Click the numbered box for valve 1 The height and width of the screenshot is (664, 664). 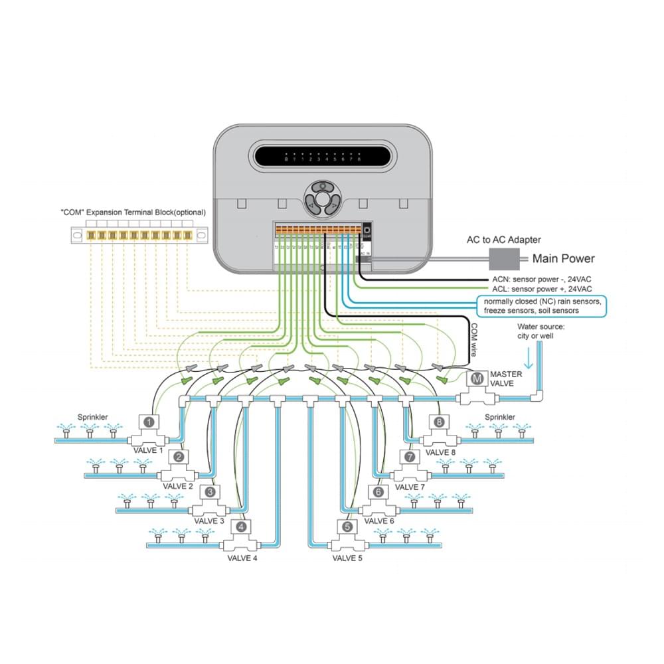coord(150,421)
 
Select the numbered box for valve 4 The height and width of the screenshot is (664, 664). coord(241,527)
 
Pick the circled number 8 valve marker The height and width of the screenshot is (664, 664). coord(439,421)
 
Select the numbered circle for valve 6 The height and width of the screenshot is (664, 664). coord(378,492)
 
